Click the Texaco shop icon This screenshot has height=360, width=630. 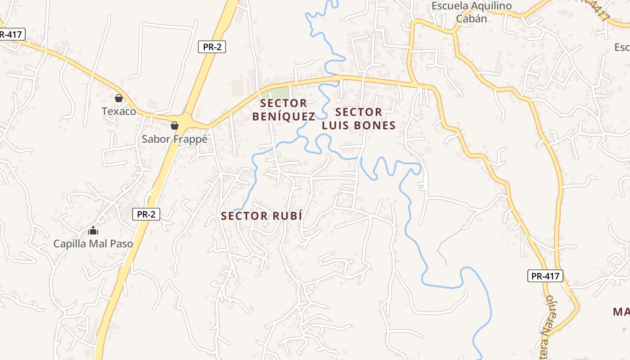pyautogui.click(x=119, y=98)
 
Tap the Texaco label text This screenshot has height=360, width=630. pyautogui.click(x=119, y=111)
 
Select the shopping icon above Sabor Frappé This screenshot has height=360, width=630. pyautogui.click(x=175, y=126)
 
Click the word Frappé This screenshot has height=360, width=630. pyautogui.click(x=191, y=139)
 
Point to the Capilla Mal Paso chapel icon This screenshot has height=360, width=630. pyautogui.click(x=93, y=231)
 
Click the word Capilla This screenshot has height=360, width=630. pyautogui.click(x=70, y=244)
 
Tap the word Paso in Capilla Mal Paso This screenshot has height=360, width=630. pyautogui.click(x=122, y=244)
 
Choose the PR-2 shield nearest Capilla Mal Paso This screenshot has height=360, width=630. pyautogui.click(x=146, y=214)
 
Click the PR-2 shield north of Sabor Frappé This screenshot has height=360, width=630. pyautogui.click(x=212, y=47)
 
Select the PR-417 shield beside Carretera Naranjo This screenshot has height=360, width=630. pyautogui.click(x=545, y=276)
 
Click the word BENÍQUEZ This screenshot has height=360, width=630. pyautogui.click(x=283, y=117)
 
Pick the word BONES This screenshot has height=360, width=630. pyautogui.click(x=374, y=126)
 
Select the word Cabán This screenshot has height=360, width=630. pyautogui.click(x=471, y=19)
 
